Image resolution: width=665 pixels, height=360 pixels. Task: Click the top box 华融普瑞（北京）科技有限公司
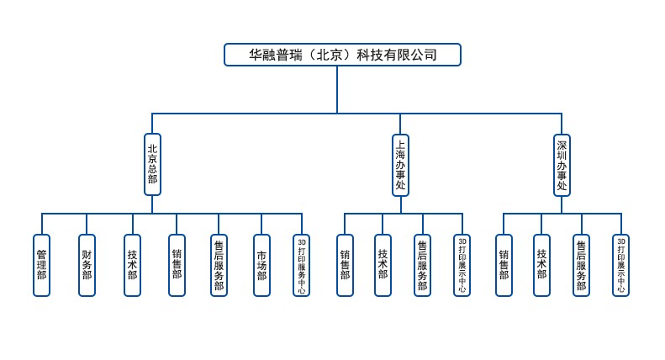click(x=342, y=55)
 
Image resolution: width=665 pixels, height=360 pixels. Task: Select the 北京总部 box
click(x=152, y=165)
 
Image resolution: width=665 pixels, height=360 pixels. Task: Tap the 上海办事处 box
click(x=400, y=165)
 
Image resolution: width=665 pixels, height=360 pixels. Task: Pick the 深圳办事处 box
click(x=562, y=165)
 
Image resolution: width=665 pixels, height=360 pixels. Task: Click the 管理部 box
click(x=41, y=265)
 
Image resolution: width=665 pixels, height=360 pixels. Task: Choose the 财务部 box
click(x=87, y=265)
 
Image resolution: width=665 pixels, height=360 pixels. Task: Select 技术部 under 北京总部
click(x=132, y=265)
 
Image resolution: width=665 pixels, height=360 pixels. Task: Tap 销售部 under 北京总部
click(x=177, y=265)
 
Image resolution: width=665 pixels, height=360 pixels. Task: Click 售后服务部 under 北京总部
click(x=219, y=265)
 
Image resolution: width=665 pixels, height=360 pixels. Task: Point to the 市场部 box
click(x=261, y=265)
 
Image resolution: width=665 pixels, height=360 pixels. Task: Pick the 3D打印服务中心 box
click(x=302, y=265)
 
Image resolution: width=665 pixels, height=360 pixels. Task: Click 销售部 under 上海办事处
click(x=345, y=265)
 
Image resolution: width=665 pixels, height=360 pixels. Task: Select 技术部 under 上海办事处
click(x=383, y=265)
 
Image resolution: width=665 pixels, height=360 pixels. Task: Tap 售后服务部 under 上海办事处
click(x=422, y=265)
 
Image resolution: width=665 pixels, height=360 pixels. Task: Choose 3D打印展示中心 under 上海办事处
click(x=462, y=265)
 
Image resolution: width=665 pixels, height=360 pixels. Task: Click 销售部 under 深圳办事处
click(x=504, y=265)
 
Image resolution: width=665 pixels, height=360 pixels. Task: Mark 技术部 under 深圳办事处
click(x=541, y=265)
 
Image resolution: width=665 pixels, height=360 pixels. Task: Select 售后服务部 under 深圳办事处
click(x=581, y=265)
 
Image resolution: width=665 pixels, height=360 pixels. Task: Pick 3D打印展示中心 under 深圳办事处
click(x=620, y=265)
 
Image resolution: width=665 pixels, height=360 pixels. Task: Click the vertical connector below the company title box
click(x=337, y=89)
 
